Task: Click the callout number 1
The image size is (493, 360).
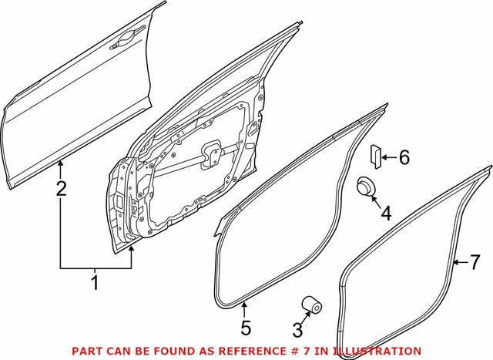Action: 95,283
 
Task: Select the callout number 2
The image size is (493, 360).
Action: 61,187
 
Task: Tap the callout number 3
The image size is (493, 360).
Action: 298,331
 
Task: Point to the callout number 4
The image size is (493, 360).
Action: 386,213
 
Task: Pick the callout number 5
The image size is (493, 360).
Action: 245,328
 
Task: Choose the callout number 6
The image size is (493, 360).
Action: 404,158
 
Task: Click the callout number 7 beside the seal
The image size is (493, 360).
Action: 475,262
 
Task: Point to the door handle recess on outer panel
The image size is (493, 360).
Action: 126,44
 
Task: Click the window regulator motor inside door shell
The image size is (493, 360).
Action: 209,154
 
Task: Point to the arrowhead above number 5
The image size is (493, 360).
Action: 245,308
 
